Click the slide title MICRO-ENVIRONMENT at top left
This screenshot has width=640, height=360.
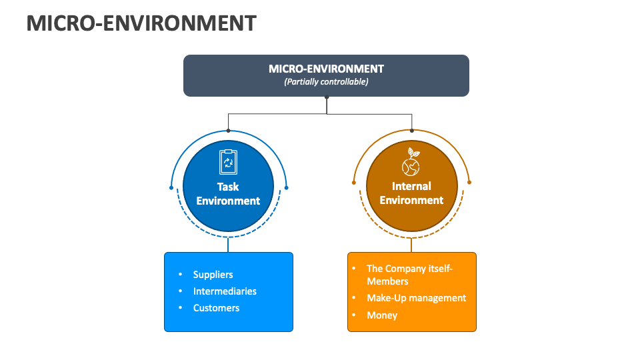click(x=141, y=23)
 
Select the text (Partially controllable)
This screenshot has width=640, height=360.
click(x=326, y=82)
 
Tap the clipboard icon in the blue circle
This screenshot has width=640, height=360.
click(x=228, y=161)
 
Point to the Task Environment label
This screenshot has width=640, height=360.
click(x=228, y=193)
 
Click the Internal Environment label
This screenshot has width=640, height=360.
click(x=411, y=193)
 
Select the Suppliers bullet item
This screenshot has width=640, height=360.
click(x=213, y=275)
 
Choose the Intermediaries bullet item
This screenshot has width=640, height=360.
click(x=225, y=291)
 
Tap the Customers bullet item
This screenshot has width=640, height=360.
click(x=216, y=308)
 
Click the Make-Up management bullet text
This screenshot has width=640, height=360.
click(x=416, y=298)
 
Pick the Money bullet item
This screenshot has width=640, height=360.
click(x=382, y=315)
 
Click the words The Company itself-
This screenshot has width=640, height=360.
click(x=409, y=269)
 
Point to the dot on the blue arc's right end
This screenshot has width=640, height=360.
click(x=287, y=188)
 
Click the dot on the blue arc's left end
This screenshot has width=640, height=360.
click(x=171, y=188)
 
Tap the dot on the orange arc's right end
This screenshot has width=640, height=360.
click(x=469, y=182)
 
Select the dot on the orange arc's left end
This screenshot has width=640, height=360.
click(x=353, y=182)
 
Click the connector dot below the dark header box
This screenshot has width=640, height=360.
click(x=327, y=97)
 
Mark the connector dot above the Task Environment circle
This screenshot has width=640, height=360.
click(x=228, y=131)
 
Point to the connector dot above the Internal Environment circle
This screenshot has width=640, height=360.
click(x=411, y=131)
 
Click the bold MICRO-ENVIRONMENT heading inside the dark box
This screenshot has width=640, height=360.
click(x=326, y=69)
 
